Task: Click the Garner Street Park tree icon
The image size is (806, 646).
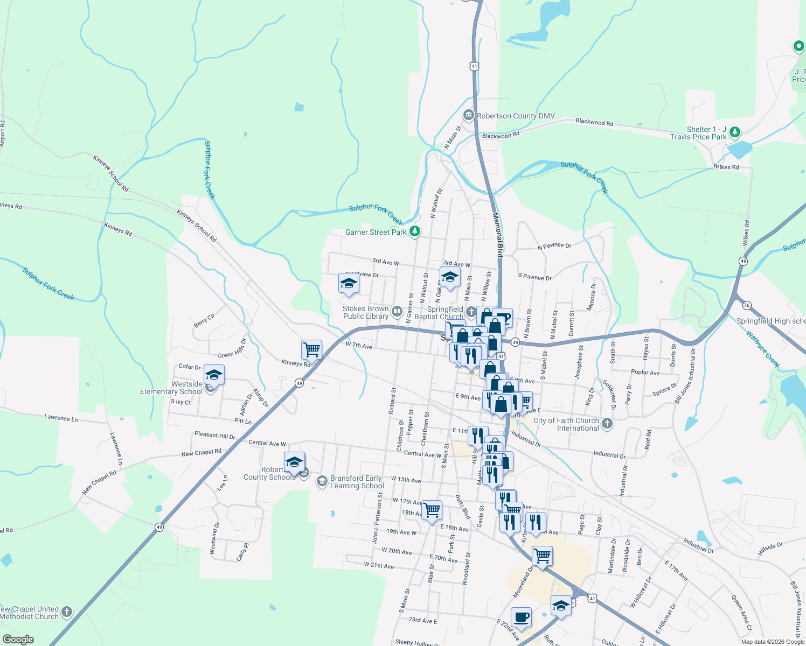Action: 414,232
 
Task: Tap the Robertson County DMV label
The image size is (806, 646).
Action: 516,116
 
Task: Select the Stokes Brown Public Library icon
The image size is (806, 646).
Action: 397,311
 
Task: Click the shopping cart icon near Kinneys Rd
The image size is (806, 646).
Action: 311,349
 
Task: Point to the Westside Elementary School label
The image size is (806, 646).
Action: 171,388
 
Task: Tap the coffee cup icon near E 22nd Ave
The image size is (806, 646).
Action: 520,617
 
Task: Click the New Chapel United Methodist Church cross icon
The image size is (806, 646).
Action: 67,612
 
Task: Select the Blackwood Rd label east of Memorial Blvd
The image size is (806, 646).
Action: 594,122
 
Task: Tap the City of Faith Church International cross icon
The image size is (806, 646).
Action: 607,423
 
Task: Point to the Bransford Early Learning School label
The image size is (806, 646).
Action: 357,482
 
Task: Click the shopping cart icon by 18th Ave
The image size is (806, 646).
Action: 432,509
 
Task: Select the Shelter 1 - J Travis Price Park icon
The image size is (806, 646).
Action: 734,132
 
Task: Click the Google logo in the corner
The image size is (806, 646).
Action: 18,639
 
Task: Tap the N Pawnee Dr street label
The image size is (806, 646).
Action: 554,246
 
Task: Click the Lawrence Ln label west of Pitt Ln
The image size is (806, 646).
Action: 61,418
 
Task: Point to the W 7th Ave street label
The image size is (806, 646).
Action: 359,346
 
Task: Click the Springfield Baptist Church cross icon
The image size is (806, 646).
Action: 471,312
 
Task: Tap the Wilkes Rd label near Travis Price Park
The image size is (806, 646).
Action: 726,167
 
